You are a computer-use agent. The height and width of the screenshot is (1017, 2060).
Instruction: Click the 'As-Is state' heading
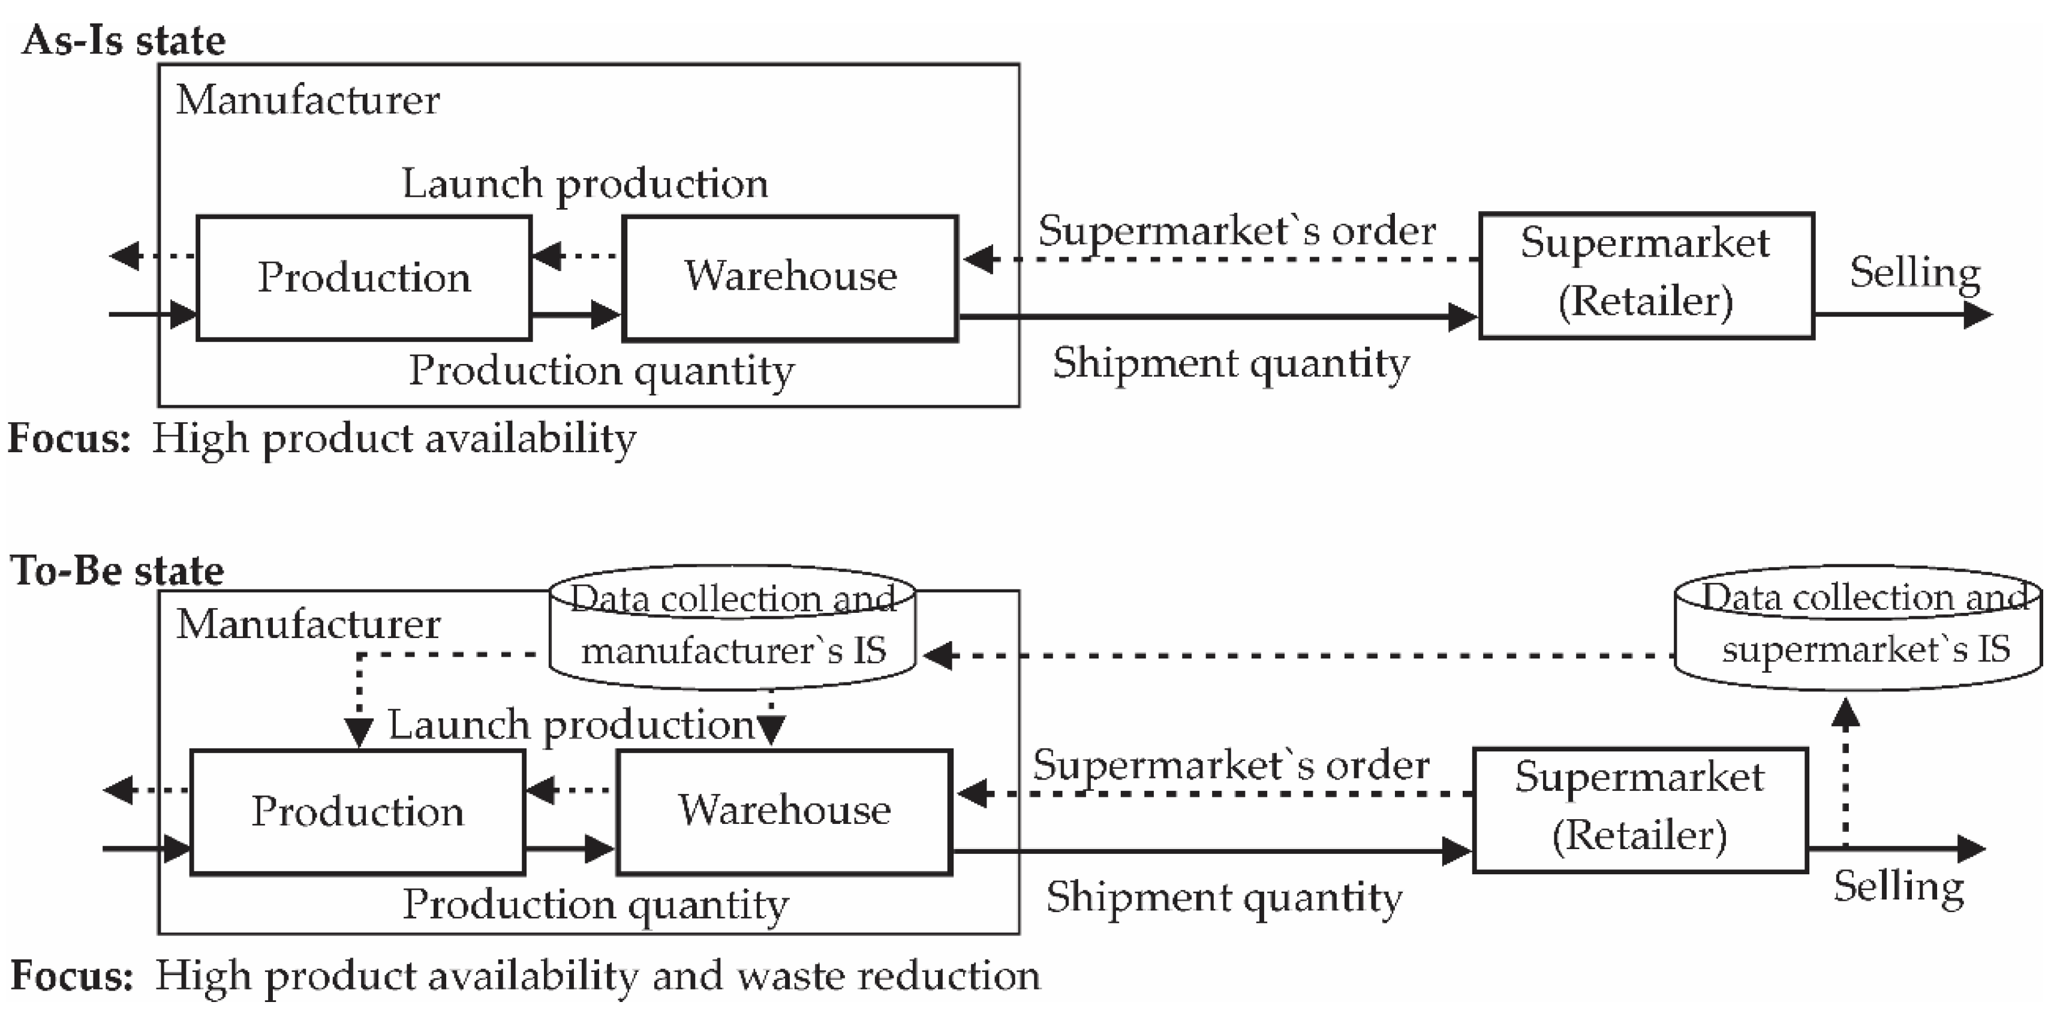124,40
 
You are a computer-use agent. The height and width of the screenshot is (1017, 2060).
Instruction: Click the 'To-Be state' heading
118,571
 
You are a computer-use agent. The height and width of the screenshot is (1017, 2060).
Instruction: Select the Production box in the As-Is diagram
364,278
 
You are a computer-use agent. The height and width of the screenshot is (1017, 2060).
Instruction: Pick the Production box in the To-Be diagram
357,811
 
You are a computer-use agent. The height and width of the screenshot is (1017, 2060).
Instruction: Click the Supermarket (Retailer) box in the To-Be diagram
1640,808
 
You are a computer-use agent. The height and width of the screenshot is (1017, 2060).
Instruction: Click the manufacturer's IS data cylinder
732,628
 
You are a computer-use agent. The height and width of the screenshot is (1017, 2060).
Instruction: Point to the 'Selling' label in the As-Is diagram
1914,273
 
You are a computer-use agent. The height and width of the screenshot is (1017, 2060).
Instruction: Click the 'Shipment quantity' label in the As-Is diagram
1230,364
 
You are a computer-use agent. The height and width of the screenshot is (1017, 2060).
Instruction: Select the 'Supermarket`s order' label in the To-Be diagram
1230,765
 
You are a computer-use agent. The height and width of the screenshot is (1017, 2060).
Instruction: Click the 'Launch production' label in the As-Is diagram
584,184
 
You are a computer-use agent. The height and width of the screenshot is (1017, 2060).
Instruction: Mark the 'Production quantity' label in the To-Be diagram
595,905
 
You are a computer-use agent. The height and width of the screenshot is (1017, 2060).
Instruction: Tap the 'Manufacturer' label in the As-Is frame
308,101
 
